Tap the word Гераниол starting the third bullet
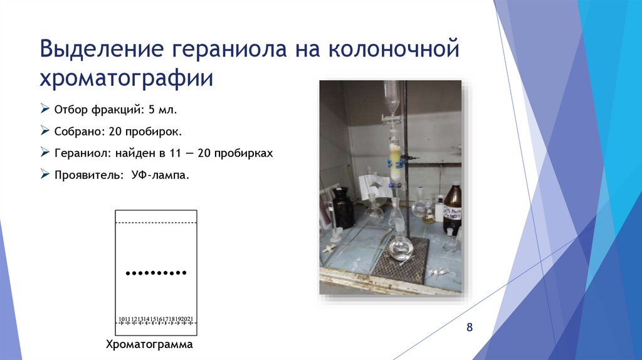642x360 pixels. coord(76,154)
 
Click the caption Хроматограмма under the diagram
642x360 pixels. coord(149,345)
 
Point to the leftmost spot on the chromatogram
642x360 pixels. coord(128,273)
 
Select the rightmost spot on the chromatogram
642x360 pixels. coord(185,273)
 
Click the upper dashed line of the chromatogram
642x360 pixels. coord(156,223)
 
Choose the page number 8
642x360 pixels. coord(469,328)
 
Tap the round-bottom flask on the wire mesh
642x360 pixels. coord(400,248)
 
